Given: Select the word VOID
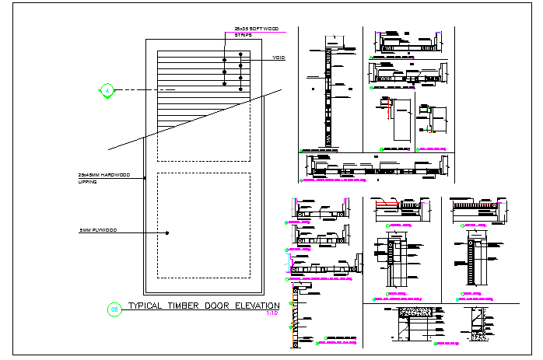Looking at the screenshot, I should (279, 59).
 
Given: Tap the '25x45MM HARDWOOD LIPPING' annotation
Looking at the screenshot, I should (103, 177).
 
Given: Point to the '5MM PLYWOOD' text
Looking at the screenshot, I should (98, 231).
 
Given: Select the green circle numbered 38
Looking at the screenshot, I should (114, 309).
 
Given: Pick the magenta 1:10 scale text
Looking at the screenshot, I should (271, 314).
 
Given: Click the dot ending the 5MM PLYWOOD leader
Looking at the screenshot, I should (166, 231).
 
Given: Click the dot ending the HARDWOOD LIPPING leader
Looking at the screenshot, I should (146, 178).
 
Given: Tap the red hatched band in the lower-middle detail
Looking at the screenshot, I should (387, 206).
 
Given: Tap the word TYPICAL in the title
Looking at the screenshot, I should (146, 306).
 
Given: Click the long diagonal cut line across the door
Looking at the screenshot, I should (194, 121).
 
